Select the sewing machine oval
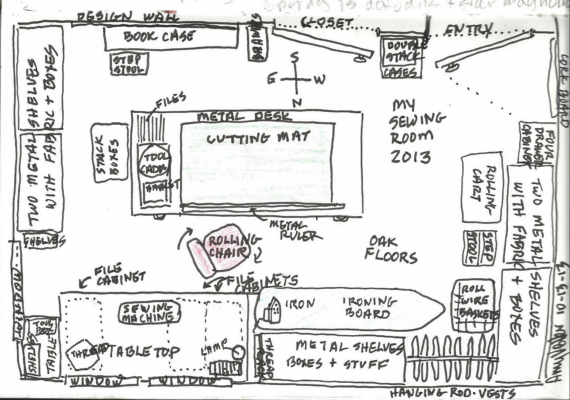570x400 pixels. pos(150,312)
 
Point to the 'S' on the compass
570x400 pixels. pos(295,58)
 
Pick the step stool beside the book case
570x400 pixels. pos(129,64)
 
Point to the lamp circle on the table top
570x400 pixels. pos(238,351)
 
